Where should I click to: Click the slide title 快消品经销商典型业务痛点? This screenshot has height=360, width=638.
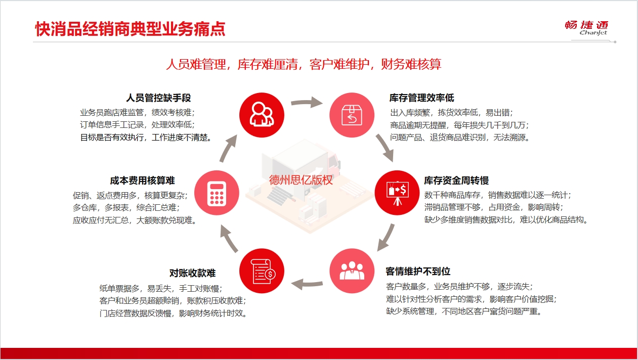(x=130, y=29)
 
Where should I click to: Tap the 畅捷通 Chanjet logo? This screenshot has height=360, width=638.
(x=586, y=28)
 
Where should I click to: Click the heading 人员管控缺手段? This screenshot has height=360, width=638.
(x=158, y=98)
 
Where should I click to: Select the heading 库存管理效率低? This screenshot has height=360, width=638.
(x=421, y=98)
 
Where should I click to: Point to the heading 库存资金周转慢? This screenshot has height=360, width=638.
(x=456, y=181)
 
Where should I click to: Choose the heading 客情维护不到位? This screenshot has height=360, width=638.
(x=418, y=271)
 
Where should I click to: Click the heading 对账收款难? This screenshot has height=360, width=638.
(x=193, y=273)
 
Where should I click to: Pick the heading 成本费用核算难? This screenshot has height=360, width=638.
(x=142, y=181)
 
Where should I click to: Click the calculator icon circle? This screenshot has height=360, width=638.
(x=217, y=193)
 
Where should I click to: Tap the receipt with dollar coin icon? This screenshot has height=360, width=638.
(x=262, y=271)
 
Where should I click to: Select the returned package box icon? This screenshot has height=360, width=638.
(x=352, y=115)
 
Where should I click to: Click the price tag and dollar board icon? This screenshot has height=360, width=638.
(x=397, y=193)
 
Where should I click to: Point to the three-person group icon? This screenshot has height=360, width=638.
(x=352, y=271)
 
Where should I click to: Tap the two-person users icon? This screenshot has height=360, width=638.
(x=262, y=115)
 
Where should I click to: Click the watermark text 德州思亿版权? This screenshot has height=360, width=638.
(x=301, y=180)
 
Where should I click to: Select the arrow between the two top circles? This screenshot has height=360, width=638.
(x=307, y=102)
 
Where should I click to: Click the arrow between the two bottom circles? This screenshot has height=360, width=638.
(x=307, y=284)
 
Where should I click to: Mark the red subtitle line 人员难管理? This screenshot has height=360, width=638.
(x=196, y=64)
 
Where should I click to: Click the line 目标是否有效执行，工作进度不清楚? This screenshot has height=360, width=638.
(x=146, y=138)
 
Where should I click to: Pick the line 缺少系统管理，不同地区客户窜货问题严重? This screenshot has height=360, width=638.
(x=463, y=311)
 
